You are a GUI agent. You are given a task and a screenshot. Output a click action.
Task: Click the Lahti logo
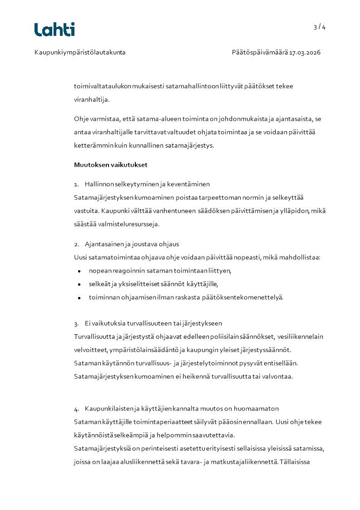(54, 30)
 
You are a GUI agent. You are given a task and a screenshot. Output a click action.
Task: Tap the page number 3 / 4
(319, 27)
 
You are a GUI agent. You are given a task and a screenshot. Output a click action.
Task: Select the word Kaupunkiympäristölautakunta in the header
(80, 53)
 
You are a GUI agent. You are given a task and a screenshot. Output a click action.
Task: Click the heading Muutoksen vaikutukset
(111, 165)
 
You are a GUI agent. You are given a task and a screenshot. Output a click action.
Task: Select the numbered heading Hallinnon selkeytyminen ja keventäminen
(147, 184)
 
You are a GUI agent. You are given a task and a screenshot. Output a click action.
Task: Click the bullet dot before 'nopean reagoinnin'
(79, 271)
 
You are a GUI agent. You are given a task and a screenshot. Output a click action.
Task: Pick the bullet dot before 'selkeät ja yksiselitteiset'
(79, 285)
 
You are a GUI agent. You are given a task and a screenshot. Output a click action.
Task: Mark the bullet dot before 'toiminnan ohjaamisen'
(79, 298)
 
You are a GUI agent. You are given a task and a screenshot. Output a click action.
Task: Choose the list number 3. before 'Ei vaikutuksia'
(77, 324)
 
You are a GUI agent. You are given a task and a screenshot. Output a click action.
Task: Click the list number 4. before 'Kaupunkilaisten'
(77, 409)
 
